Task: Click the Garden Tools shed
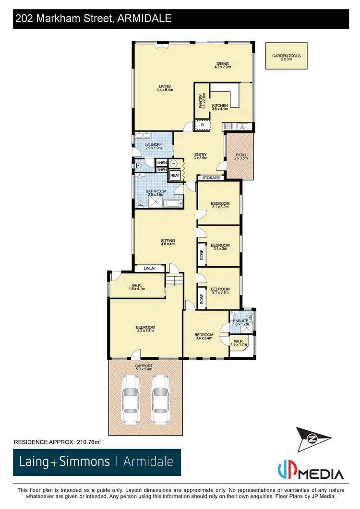(x=286, y=57)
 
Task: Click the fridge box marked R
(x=203, y=125)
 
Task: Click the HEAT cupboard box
(x=175, y=176)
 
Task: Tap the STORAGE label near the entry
(x=211, y=178)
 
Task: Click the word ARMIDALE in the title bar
(x=144, y=19)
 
